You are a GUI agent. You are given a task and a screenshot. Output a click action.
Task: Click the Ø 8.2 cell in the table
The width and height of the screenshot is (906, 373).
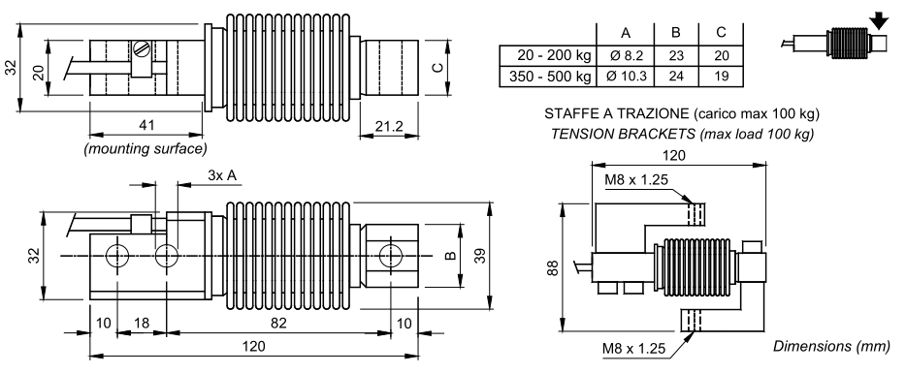[x=626, y=56]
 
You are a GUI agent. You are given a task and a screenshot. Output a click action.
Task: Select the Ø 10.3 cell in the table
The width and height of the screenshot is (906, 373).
[x=626, y=77]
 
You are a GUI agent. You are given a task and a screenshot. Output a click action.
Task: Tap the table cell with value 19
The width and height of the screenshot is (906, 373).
[x=721, y=77]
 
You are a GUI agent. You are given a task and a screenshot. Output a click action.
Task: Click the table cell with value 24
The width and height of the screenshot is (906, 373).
[x=676, y=77]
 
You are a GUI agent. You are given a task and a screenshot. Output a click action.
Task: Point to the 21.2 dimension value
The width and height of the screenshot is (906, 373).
[x=388, y=126]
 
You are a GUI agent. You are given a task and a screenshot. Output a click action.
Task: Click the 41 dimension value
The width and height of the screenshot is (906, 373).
[x=146, y=125]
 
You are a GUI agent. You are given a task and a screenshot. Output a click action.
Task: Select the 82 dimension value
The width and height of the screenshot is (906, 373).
[x=278, y=324]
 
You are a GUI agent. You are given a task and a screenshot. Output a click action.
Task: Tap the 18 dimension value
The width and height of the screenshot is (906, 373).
[x=141, y=324]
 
